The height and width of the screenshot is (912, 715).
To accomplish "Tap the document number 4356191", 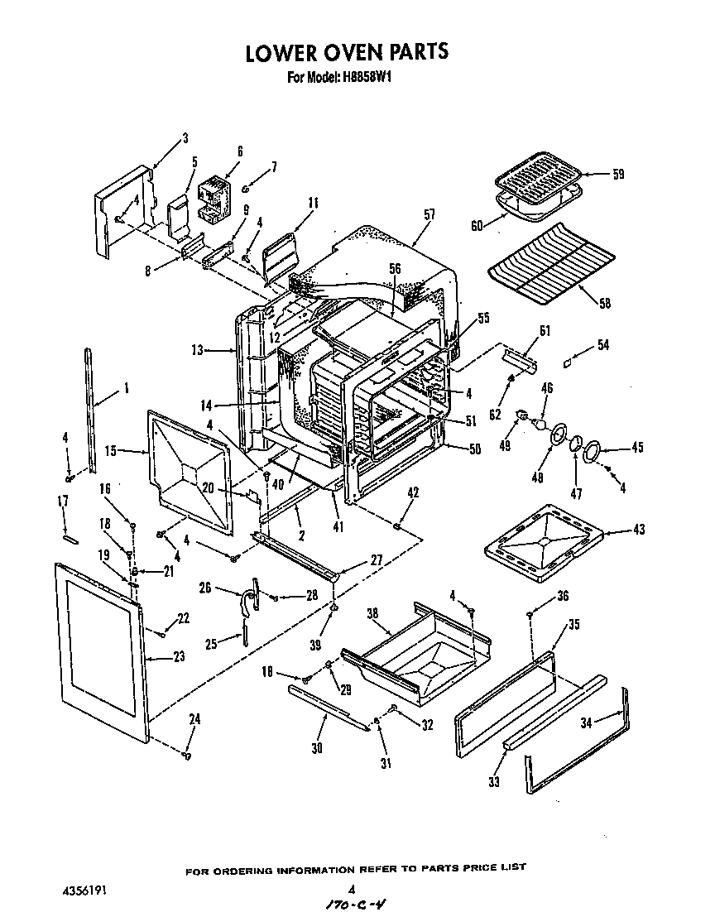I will [x=85, y=891].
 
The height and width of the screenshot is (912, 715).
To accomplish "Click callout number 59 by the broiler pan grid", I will [x=618, y=174].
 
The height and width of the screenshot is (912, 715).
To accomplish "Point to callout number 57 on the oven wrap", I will [x=429, y=214].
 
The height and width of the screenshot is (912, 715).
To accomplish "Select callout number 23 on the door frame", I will [x=179, y=656].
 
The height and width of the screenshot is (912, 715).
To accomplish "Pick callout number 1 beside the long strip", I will [x=126, y=386].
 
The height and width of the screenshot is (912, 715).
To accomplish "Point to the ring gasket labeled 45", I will [x=593, y=451].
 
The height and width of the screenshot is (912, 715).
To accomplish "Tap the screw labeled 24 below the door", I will [x=188, y=755].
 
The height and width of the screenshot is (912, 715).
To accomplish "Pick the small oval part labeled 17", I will [x=70, y=537].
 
